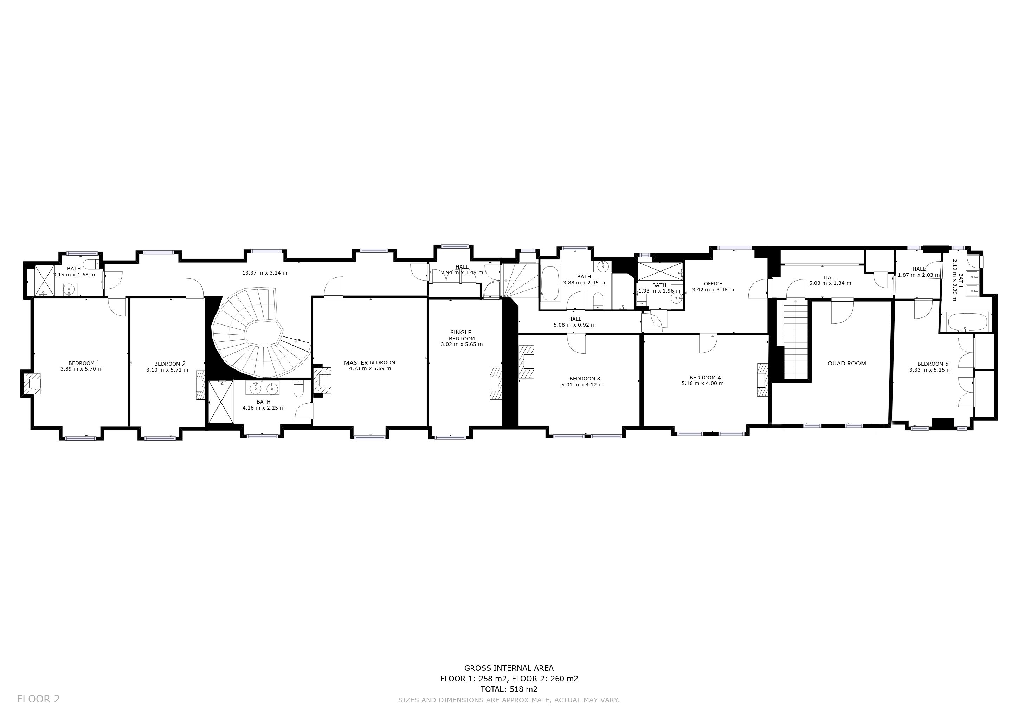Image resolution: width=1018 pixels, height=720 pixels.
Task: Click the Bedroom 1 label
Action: tap(84, 363)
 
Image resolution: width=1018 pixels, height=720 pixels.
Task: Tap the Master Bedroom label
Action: tap(369, 362)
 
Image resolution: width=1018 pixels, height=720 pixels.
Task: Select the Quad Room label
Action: tap(846, 363)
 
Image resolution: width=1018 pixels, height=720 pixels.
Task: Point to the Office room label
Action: tap(713, 284)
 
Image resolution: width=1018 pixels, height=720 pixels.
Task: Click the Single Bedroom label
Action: tap(461, 335)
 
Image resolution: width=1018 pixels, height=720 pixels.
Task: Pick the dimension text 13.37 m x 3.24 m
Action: tap(265, 273)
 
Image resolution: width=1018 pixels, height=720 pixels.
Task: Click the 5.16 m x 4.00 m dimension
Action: tap(702, 383)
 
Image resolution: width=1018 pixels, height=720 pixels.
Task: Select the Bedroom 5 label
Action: tap(933, 364)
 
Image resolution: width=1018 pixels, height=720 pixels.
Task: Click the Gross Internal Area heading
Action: tap(509, 668)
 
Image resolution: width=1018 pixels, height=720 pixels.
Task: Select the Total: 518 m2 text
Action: tap(509, 689)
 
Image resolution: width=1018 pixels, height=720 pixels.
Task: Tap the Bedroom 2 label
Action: tap(170, 364)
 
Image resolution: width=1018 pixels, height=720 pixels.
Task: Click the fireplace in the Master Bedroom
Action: tap(322, 380)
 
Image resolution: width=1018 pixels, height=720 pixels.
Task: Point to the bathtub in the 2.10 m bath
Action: tap(967, 321)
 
